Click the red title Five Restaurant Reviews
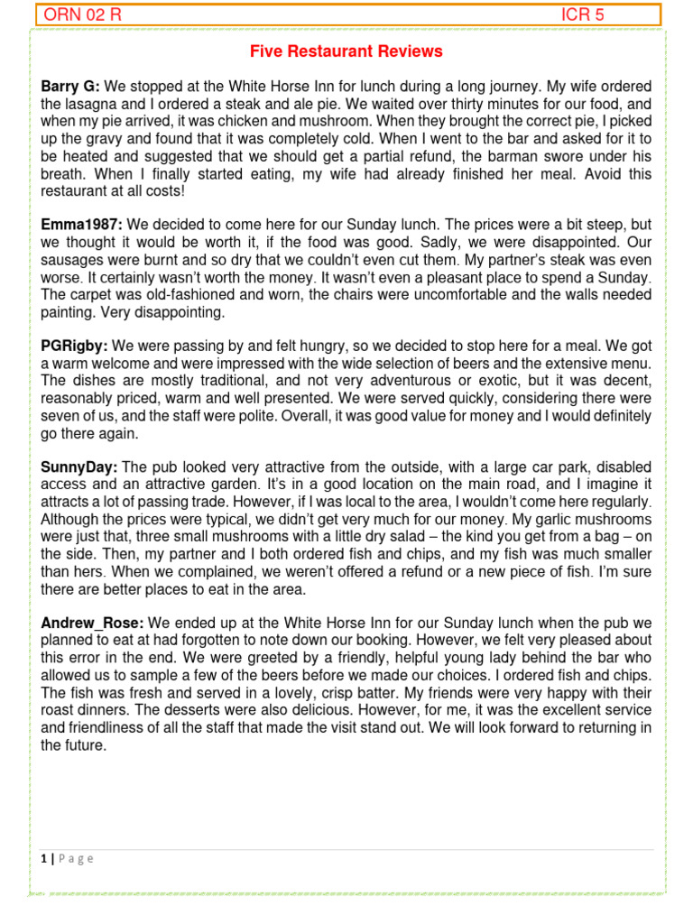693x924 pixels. click(346, 51)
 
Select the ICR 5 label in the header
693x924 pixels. click(582, 14)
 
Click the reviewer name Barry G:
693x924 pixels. click(70, 87)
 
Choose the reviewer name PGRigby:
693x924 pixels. click(75, 345)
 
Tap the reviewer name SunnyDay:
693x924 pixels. click(79, 467)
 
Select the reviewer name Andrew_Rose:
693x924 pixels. click(93, 623)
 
